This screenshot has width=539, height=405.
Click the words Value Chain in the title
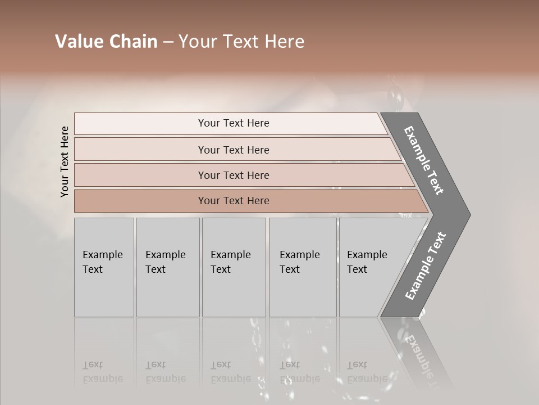[106, 42]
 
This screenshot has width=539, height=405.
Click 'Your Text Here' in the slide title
[241, 42]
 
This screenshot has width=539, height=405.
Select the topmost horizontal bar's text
[234, 123]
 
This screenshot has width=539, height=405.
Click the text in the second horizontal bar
[234, 150]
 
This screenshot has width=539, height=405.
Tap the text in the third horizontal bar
[234, 175]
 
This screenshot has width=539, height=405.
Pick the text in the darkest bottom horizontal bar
[234, 201]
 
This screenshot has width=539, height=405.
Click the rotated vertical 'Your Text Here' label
[65, 161]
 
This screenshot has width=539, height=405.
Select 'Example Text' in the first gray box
[102, 262]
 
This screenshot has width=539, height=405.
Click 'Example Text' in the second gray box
[165, 262]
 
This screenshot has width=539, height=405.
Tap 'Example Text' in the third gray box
[230, 262]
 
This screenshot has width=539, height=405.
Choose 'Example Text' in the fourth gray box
[299, 262]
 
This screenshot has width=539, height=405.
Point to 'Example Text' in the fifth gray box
[367, 262]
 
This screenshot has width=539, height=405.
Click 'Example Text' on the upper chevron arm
[424, 160]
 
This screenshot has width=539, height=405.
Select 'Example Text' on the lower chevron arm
[425, 266]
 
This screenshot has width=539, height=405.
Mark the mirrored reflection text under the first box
[102, 372]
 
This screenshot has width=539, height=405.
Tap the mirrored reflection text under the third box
[230, 372]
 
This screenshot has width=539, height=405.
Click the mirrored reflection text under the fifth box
[367, 372]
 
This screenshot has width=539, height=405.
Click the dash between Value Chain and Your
[168, 42]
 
